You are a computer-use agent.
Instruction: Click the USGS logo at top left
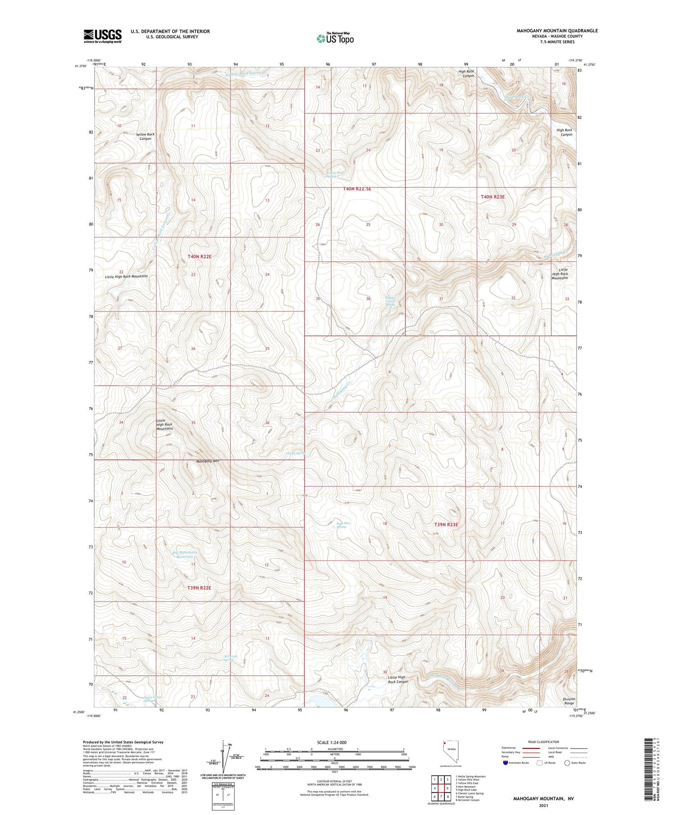[102, 36]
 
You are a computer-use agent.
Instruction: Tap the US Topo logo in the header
[335, 39]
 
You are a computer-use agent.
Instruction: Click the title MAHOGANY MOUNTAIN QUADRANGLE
[557, 31]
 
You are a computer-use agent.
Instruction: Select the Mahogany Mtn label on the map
[208, 462]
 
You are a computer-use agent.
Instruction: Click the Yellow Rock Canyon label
[145, 136]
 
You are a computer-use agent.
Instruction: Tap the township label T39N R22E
[199, 587]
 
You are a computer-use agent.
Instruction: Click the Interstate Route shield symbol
[506, 763]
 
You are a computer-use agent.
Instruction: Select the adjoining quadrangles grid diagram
[441, 788]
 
